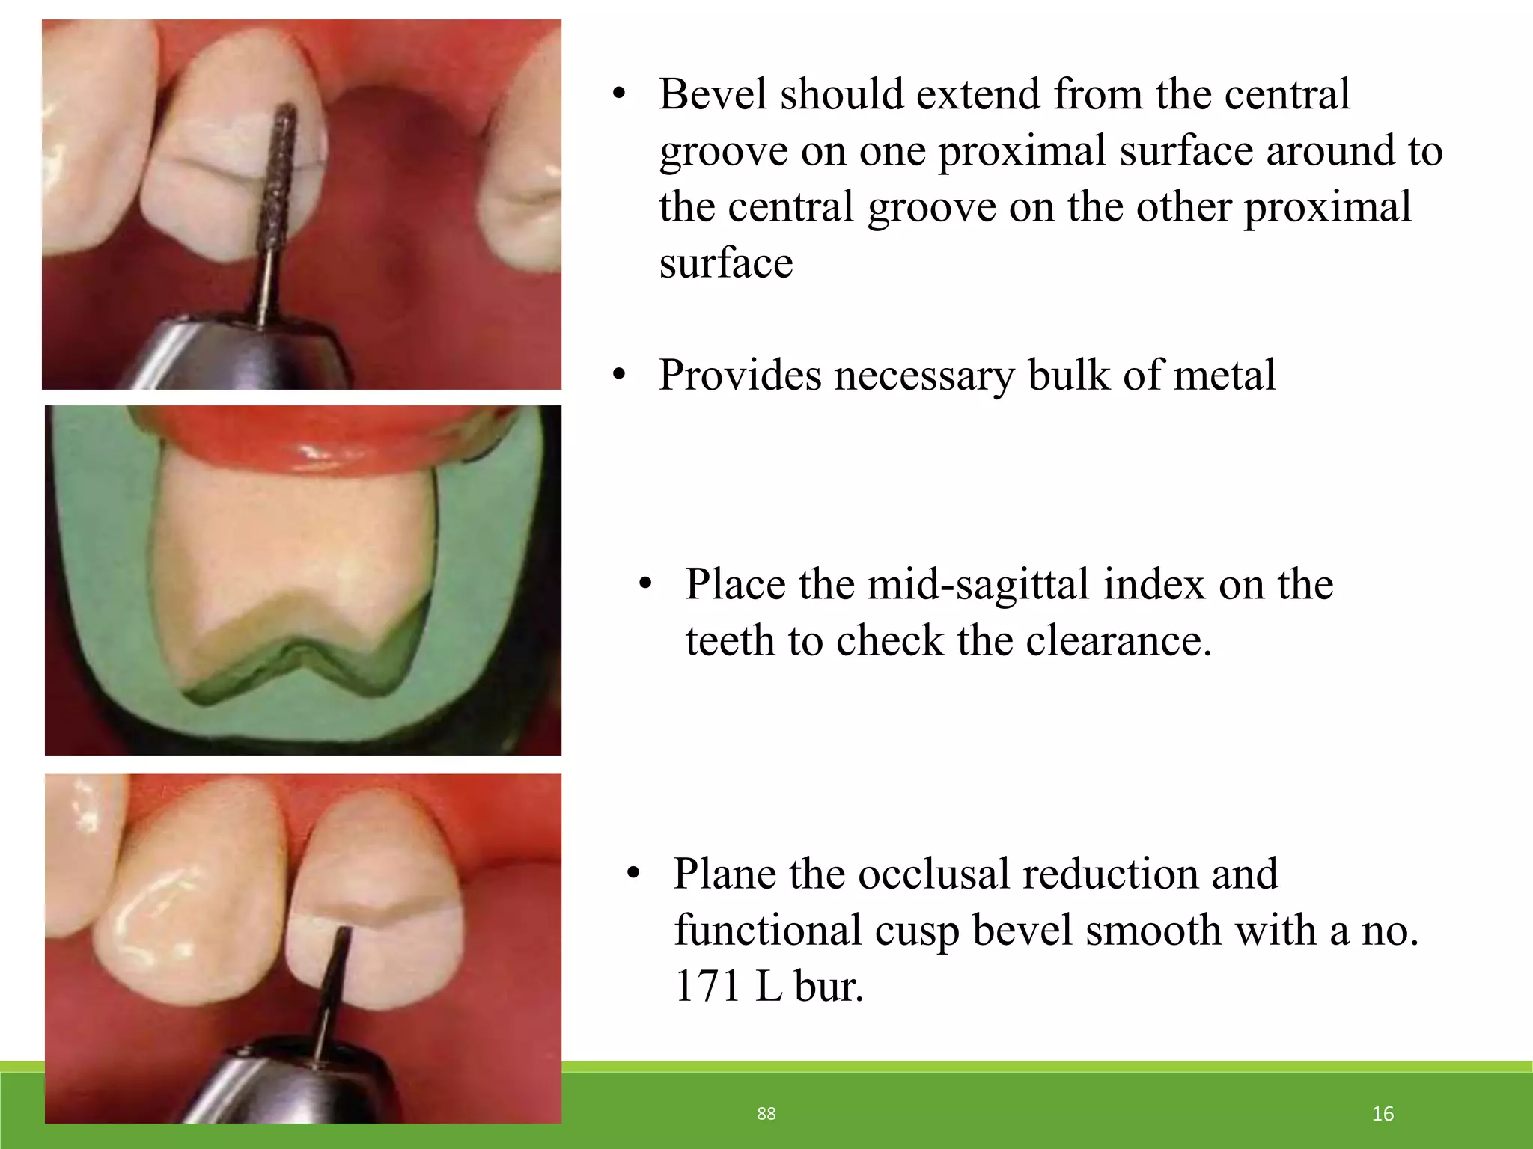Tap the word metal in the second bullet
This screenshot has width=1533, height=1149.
[1225, 375]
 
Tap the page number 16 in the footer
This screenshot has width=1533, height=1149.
[1383, 1114]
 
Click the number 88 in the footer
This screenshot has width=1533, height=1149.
[766, 1114]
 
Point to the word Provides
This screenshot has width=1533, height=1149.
[740, 375]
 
